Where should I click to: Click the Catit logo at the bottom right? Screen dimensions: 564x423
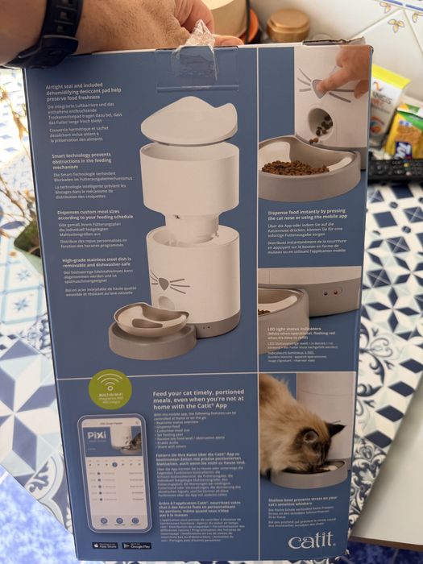point(328,540)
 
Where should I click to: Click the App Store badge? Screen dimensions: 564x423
point(104,545)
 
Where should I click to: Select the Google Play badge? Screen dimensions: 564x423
point(136,545)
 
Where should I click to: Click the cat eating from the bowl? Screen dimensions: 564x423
point(299,435)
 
